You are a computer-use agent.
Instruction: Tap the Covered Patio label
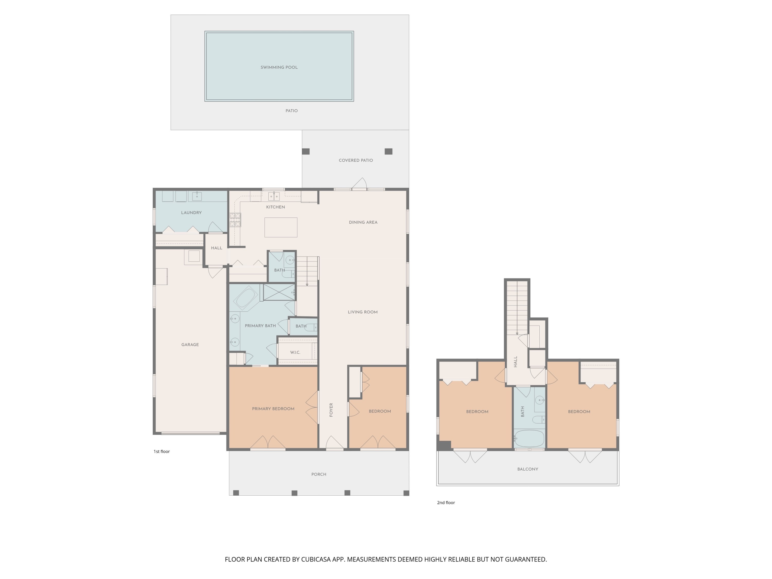[x=356, y=161]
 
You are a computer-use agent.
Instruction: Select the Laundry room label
[x=191, y=213]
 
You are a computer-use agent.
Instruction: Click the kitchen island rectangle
[x=280, y=227]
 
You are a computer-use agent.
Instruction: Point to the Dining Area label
[x=363, y=222]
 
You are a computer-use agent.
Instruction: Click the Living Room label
[x=363, y=312]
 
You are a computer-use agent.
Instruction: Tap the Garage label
[x=190, y=345]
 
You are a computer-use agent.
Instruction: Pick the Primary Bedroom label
[x=273, y=409]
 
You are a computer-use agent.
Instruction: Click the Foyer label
[x=331, y=410]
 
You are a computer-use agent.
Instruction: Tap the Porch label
[x=319, y=474]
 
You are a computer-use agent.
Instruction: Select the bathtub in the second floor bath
[x=529, y=438]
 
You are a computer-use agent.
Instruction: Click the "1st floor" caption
[x=162, y=452]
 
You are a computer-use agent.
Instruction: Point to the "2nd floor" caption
[x=446, y=503]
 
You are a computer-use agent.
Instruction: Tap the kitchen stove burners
[x=235, y=220]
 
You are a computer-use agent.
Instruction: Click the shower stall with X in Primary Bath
[x=279, y=292]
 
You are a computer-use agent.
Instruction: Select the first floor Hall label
[x=216, y=248]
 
